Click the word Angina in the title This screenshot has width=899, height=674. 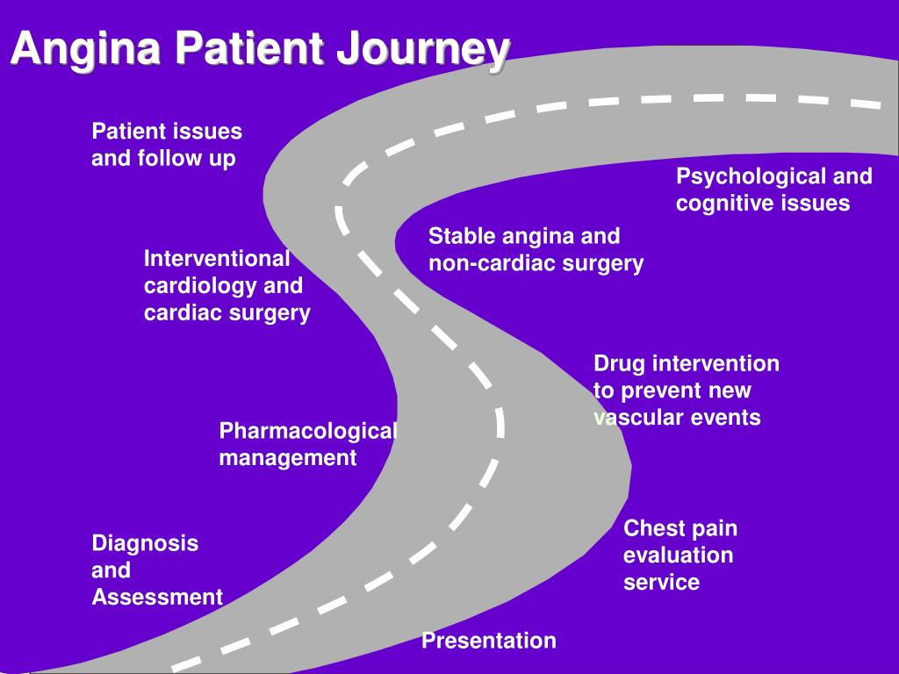tap(86, 49)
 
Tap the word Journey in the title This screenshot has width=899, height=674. tap(423, 49)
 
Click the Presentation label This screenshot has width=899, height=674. tap(489, 640)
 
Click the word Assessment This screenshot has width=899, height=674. tap(157, 597)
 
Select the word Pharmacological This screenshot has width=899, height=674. tap(308, 432)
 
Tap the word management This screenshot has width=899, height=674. tap(288, 459)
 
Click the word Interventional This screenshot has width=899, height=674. tap(217, 259)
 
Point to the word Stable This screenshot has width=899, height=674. tap(462, 236)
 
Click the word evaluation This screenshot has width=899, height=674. tap(679, 555)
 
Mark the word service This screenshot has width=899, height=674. tap(662, 583)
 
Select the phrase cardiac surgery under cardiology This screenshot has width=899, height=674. tap(227, 314)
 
